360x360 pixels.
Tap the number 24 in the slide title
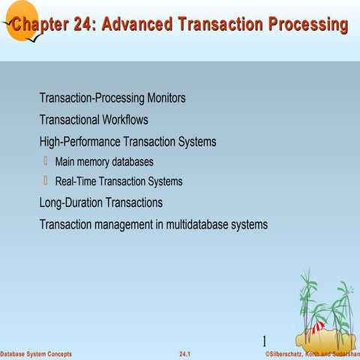82,25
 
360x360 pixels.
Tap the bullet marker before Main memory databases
46,160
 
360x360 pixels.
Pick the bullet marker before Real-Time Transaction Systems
46,180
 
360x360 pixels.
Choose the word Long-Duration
75,202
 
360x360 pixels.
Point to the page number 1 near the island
265,340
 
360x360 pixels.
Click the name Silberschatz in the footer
291,353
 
